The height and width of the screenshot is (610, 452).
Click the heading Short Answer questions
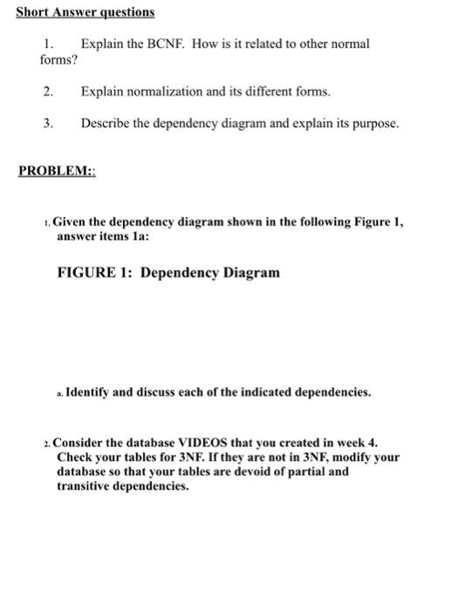[x=86, y=13]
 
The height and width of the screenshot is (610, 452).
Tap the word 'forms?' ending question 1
[x=58, y=60]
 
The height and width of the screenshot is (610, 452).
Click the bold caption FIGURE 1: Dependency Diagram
[x=168, y=273]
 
